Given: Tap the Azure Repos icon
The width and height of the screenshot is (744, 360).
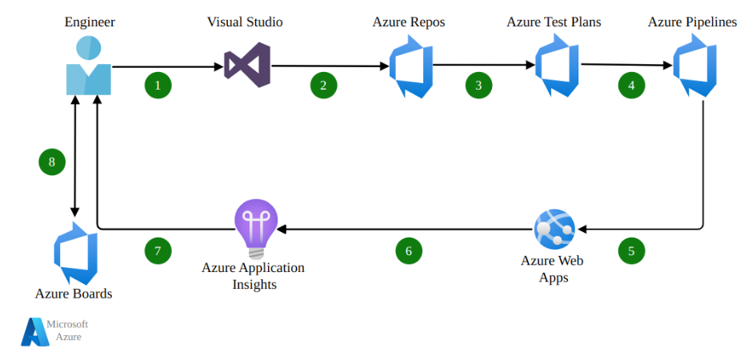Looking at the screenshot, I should pos(410,68).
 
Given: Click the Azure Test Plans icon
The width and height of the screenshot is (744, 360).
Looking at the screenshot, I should pos(557,68).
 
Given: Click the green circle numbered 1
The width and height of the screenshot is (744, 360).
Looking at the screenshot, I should pos(158,85).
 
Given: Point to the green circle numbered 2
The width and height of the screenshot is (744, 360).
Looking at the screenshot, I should pos(323,85).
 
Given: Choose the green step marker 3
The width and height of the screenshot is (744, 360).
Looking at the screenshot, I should pos(478,85).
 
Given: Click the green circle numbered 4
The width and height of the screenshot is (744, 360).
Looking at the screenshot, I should pos(631,85).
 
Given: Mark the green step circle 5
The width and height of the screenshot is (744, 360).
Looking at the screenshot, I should pos(631,250).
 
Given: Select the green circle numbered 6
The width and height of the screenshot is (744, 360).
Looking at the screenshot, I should pos(409,250).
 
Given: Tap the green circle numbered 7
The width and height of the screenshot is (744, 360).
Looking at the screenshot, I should pos(158,250).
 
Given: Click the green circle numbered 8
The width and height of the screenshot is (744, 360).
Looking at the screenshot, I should pos(52,162).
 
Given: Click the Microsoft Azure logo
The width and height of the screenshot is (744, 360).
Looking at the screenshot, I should pos(35,331).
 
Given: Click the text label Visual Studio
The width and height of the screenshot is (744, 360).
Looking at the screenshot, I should pos(245,22).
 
